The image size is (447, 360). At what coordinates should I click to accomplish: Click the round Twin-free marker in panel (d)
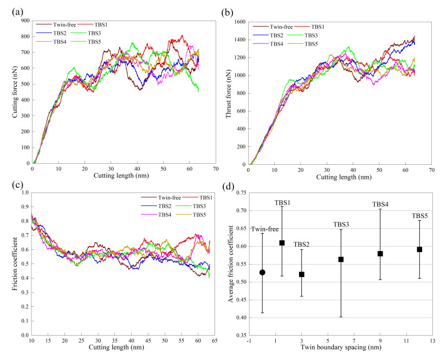point(262,272)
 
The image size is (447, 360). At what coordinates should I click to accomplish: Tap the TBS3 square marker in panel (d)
point(341,259)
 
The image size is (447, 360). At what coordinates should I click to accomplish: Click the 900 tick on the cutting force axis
point(24,21)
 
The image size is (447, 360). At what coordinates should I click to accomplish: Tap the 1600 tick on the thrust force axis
point(237,22)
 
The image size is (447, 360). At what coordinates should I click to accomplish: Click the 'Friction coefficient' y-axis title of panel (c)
point(11,263)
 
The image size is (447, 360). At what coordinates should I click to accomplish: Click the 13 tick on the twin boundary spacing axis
point(432,342)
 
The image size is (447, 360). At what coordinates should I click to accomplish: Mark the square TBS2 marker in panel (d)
point(302,274)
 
